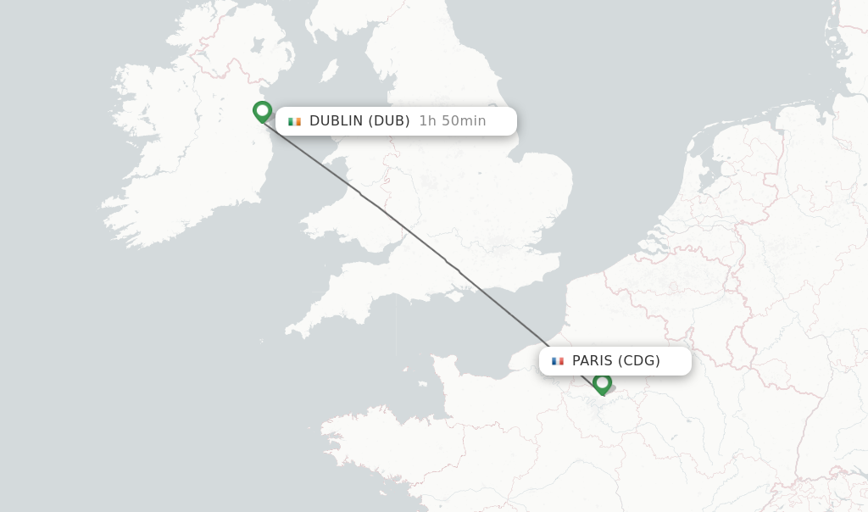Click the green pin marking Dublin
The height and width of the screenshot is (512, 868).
point(262,111)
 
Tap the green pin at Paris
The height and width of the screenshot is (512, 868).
point(602,383)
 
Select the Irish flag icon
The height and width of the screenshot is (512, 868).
point(294,121)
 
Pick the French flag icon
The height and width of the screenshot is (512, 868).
point(558,361)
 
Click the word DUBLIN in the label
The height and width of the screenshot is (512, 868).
point(337,121)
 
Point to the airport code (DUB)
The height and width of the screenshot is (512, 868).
point(390,121)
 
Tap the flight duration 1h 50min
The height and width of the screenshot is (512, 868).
point(453,121)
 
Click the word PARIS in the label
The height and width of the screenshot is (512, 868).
point(592,361)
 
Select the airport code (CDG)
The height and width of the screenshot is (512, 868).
point(639,361)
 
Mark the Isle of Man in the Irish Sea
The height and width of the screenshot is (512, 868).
point(329,70)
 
